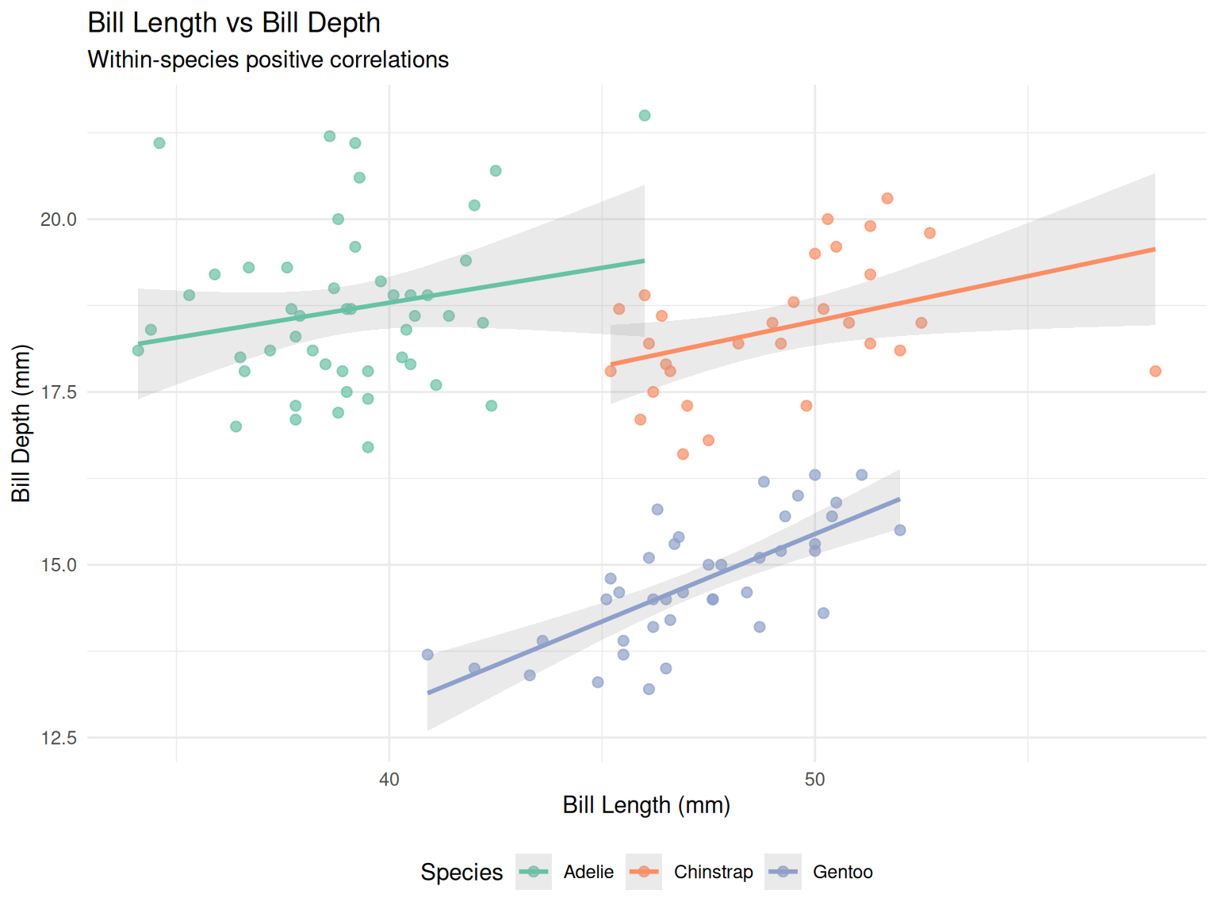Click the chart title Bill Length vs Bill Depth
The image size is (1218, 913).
pos(234,23)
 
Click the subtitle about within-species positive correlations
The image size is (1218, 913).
pos(268,60)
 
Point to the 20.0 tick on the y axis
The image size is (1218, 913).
pos(59,220)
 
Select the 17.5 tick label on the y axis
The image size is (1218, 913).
pos(59,392)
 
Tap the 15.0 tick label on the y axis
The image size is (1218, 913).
pos(59,565)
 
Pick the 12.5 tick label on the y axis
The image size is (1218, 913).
pos(59,738)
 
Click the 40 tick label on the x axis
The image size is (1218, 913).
pos(389,779)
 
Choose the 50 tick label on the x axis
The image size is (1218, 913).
pos(814,779)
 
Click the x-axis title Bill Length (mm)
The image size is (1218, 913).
pos(646,805)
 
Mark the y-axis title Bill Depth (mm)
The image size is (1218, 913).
pos(21,423)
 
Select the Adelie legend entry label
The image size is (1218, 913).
pos(588,872)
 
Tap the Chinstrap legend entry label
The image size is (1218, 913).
pos(713,872)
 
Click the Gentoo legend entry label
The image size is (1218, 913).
pos(843,872)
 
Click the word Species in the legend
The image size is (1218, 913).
pos(462,872)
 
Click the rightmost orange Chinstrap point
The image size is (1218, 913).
pos(1155,371)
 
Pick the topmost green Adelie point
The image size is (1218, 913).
pos(645,116)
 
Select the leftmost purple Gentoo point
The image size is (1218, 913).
pos(427,655)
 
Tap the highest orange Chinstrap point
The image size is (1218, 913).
pos(887,198)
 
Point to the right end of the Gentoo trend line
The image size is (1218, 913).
pos(899,499)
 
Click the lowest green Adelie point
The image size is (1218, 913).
pos(368,447)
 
